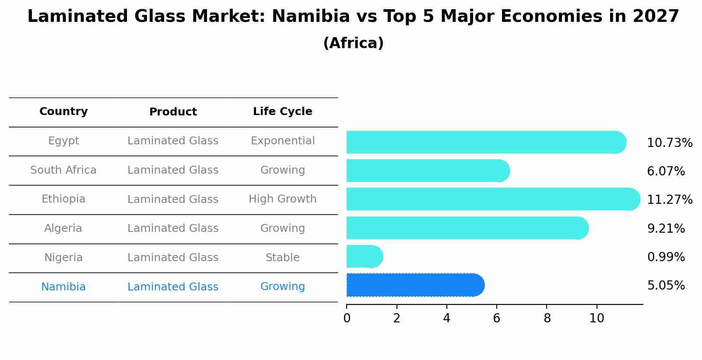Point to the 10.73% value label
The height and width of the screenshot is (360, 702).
click(x=669, y=143)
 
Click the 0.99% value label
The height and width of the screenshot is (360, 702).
click(x=666, y=257)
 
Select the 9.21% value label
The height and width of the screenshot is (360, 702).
click(x=666, y=229)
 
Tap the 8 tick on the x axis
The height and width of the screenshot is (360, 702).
click(x=547, y=318)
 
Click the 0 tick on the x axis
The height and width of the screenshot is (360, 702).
click(x=347, y=318)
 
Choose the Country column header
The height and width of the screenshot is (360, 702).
click(x=63, y=112)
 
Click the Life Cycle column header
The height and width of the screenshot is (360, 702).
click(x=282, y=112)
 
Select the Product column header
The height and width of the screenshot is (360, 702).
click(x=173, y=112)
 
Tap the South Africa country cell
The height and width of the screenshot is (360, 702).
click(x=63, y=170)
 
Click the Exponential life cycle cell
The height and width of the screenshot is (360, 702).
click(x=282, y=141)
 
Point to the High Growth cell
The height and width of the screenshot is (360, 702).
click(x=282, y=199)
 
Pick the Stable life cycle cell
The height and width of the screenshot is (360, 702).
click(x=282, y=258)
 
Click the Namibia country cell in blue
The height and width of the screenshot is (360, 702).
click(x=63, y=287)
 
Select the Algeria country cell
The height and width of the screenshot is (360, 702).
click(x=63, y=228)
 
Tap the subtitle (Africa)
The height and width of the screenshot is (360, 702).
click(x=353, y=43)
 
